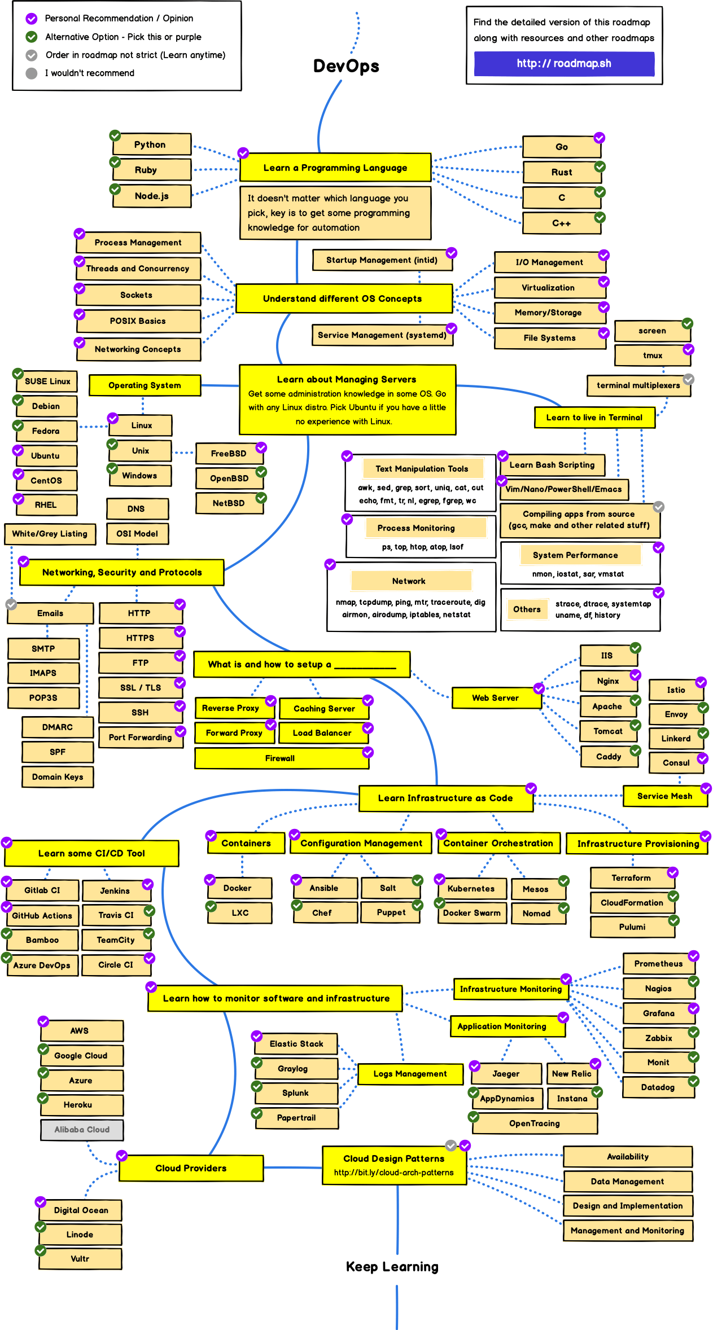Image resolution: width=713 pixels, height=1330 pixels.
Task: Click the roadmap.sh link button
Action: tap(564, 64)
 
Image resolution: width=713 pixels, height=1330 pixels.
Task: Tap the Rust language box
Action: tap(562, 172)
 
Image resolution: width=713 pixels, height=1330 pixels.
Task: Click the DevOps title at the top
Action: tap(346, 66)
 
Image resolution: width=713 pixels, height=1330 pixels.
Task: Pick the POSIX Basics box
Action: tap(138, 321)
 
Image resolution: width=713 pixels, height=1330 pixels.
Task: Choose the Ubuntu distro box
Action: tap(46, 456)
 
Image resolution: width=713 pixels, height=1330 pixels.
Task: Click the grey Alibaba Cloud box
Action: tap(82, 1129)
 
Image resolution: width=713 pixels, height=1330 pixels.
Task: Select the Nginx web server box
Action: tap(608, 681)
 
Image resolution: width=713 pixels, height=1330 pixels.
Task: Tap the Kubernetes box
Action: tap(471, 888)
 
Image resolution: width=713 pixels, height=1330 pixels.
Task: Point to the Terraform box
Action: tap(632, 878)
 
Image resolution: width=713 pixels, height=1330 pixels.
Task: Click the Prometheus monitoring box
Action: tap(658, 963)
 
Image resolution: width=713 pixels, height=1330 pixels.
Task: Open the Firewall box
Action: tap(281, 758)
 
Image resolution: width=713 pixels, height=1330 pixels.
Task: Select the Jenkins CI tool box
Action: tap(116, 890)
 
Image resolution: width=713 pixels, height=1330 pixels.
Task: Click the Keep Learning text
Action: tap(392, 1267)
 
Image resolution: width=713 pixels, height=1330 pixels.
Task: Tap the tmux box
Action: tap(653, 355)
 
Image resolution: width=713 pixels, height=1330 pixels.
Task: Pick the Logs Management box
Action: tap(410, 1074)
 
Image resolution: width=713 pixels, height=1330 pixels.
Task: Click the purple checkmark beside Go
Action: tap(600, 138)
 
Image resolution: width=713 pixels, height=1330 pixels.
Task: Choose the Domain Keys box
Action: tap(58, 777)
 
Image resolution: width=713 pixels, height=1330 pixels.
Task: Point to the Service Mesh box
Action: tap(664, 796)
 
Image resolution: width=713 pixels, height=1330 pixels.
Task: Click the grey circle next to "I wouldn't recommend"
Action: tap(32, 73)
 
